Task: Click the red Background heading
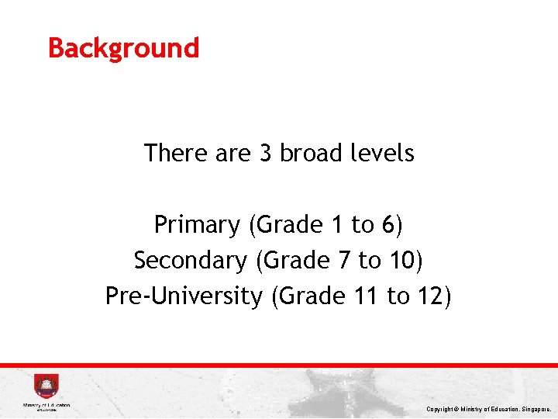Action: click(123, 48)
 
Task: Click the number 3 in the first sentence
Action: click(265, 154)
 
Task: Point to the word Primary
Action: click(197, 225)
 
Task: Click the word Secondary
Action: click(189, 260)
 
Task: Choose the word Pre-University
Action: click(184, 296)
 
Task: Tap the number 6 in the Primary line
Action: click(388, 225)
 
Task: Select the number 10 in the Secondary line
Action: click(401, 260)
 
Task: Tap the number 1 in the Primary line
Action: click(336, 225)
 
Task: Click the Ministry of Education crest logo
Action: click(46, 386)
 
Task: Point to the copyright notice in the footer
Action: click(488, 408)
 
